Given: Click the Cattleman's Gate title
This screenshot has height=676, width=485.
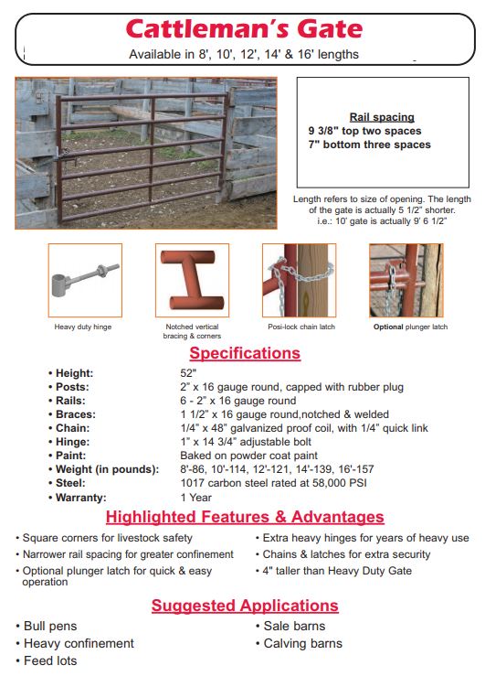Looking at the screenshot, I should (x=244, y=29).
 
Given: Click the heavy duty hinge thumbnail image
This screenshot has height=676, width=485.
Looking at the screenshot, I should (x=84, y=280).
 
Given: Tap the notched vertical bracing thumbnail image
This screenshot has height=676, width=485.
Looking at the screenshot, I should (x=192, y=280).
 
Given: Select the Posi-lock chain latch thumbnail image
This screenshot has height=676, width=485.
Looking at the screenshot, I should (x=299, y=280).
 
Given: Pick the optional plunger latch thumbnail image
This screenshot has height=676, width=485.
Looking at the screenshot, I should (x=406, y=280).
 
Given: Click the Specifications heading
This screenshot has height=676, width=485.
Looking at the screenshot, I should (x=244, y=353).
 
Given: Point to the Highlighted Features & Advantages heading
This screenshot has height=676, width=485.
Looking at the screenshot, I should (x=244, y=518).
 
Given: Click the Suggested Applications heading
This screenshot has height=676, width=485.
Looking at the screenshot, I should (x=244, y=606).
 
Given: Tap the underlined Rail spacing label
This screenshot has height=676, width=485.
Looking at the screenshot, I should (x=382, y=117).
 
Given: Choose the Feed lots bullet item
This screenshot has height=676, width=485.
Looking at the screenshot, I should (x=51, y=660).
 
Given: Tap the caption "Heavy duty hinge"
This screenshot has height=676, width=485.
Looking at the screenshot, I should (x=83, y=327).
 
